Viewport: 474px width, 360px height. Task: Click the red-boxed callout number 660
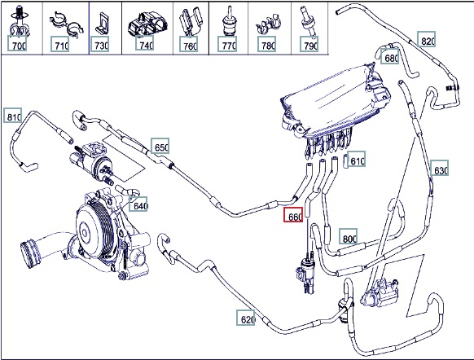(293, 215)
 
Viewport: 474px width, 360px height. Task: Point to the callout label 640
(138, 204)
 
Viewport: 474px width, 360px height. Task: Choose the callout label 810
(13, 115)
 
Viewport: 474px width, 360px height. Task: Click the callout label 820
(427, 39)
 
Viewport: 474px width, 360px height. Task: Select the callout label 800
(349, 236)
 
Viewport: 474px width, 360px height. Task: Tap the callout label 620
(246, 318)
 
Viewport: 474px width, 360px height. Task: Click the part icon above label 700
(19, 21)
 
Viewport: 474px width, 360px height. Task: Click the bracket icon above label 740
(147, 24)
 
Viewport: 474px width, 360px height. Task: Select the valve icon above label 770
(228, 21)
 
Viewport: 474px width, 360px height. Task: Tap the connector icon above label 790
(309, 21)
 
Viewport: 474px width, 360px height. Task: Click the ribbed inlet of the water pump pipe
(29, 252)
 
